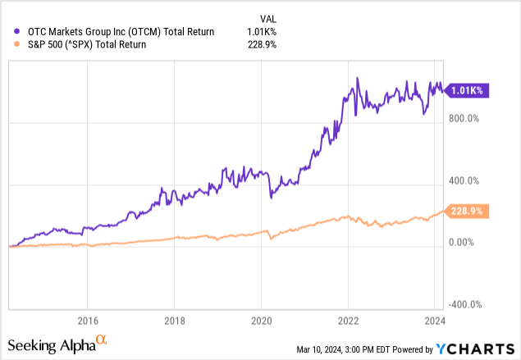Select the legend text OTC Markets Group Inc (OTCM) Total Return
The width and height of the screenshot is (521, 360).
(x=115, y=32)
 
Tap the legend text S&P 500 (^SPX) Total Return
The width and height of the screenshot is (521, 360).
(x=80, y=45)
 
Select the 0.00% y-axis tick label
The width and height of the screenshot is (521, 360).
(x=464, y=243)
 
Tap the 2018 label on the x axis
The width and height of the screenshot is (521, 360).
(x=174, y=321)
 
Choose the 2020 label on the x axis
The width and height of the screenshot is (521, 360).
(x=261, y=321)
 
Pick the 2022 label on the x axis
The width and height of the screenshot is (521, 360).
(x=348, y=321)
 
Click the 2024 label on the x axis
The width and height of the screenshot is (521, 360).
(x=434, y=321)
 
